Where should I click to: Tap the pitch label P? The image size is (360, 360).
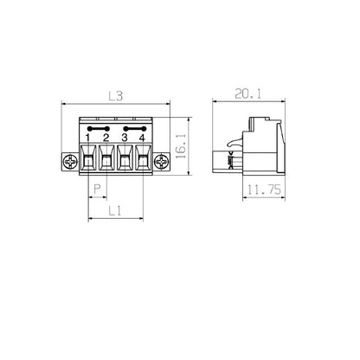97,189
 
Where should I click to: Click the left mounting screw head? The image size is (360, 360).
70,160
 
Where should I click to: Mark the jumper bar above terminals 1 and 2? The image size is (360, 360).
97,126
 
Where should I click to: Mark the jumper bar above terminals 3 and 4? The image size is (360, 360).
132,126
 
